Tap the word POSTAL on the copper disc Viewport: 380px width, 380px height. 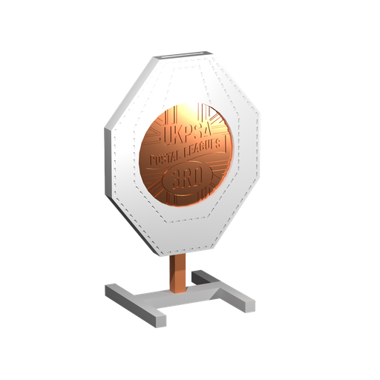point(168,157)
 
